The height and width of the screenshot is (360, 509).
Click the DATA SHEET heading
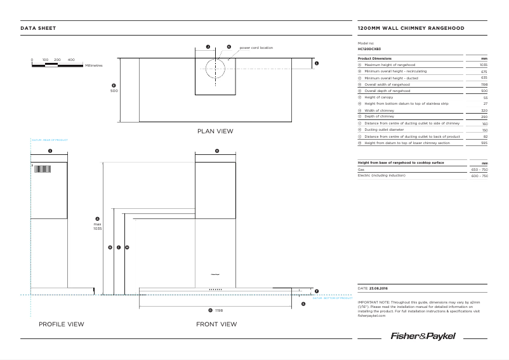tap(38, 29)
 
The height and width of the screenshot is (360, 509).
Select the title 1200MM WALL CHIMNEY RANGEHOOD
tap(411, 29)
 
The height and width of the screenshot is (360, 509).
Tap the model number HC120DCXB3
tap(369, 48)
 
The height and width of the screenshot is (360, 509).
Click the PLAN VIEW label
tap(215, 131)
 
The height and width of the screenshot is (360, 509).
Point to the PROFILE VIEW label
tap(62, 324)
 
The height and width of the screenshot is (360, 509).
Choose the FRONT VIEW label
tap(216, 324)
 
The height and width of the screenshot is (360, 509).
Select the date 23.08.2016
tap(379, 288)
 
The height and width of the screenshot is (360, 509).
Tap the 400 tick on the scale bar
tap(71, 60)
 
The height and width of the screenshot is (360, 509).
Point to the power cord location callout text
tap(256, 48)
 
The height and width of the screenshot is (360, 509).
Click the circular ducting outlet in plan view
tap(216, 68)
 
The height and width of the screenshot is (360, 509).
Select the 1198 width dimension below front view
tap(219, 310)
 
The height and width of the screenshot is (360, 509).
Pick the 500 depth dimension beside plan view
tap(114, 91)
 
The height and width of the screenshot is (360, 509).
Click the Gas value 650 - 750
tap(479, 170)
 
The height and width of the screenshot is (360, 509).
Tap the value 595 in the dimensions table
tap(484, 143)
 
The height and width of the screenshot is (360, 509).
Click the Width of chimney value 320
tap(484, 110)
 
